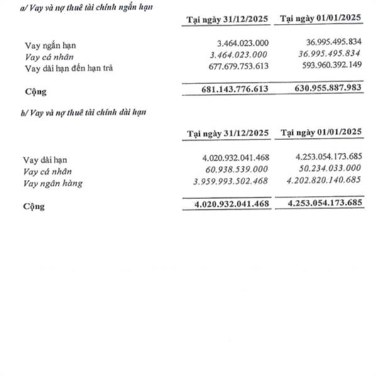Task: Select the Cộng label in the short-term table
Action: click(35, 91)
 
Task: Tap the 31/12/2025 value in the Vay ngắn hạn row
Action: click(241, 46)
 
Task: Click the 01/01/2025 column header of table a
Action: click(322, 19)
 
